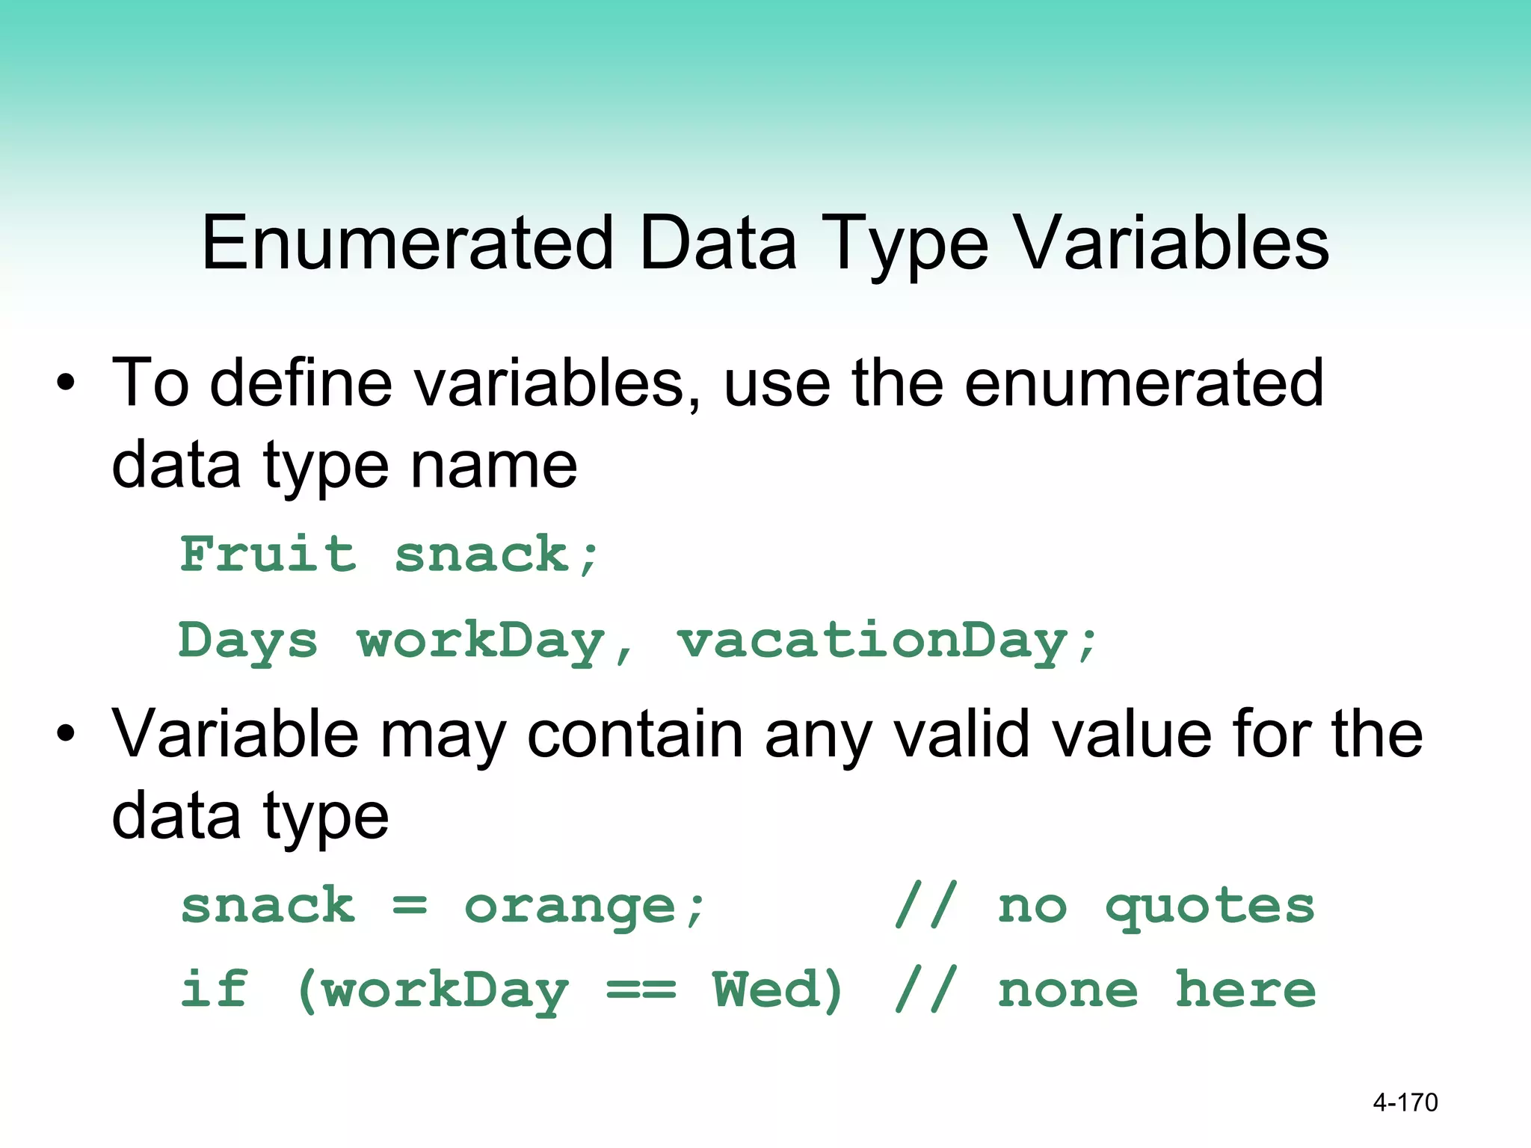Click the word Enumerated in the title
pos(407,243)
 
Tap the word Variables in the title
pos(1173,243)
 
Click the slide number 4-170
pos(1405,1102)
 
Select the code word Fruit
pos(268,555)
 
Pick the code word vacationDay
pos(886,641)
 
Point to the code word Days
pos(248,641)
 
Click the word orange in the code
pos(570,907)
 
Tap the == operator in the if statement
pos(641,991)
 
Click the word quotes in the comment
pos(1210,907)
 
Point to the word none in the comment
pos(1068,991)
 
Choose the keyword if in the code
pos(214,990)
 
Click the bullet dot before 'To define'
pos(66,383)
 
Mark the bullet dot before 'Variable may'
pos(66,734)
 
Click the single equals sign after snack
pos(410,907)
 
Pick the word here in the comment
pos(1245,991)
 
